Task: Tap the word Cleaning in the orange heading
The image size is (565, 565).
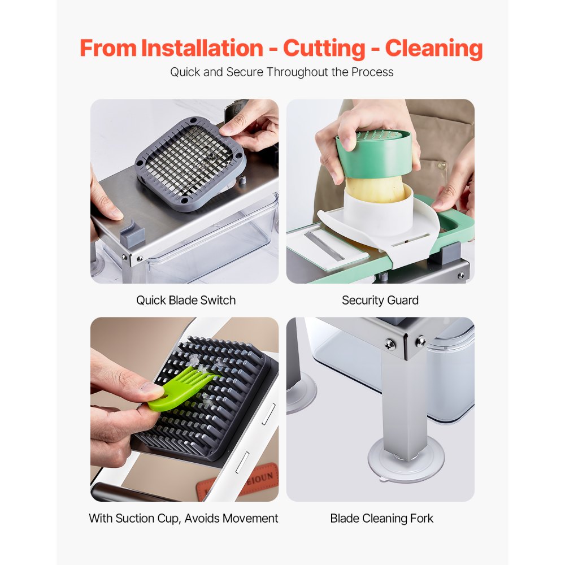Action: [434, 48]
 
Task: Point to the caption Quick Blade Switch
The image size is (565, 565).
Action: [185, 300]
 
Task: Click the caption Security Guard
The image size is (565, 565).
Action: [380, 300]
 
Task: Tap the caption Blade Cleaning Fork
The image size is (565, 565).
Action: [381, 518]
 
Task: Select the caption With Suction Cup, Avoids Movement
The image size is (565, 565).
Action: [184, 518]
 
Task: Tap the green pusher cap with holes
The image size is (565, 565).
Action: [374, 153]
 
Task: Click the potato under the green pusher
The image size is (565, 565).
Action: [373, 190]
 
